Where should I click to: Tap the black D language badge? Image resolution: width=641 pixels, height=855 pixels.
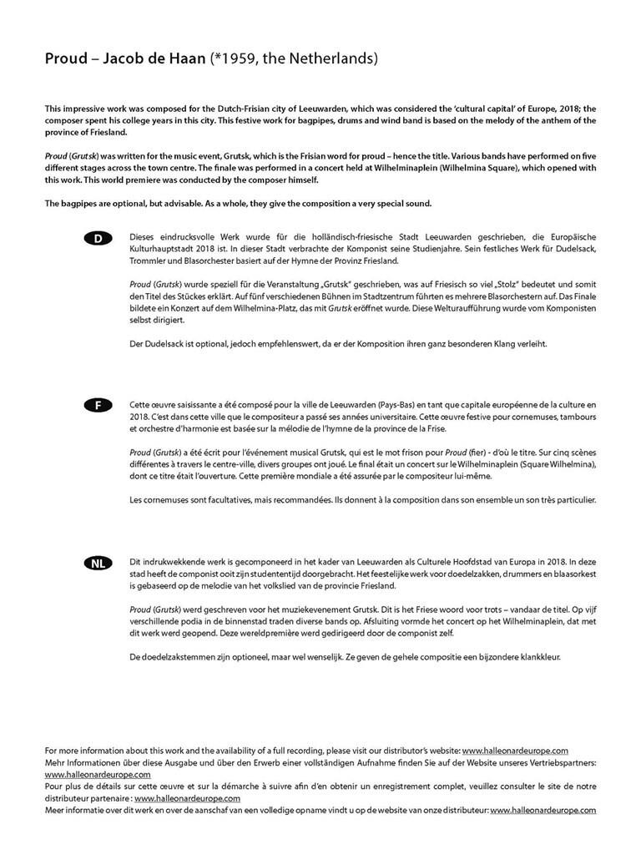click(x=98, y=239)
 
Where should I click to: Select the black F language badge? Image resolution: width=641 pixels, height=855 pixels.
click(x=98, y=405)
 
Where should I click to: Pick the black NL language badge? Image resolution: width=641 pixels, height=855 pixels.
click(x=98, y=564)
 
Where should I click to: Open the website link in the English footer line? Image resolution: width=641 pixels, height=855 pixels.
click(x=515, y=751)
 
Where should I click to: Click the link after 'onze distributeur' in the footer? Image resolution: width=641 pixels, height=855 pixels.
click(x=543, y=810)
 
